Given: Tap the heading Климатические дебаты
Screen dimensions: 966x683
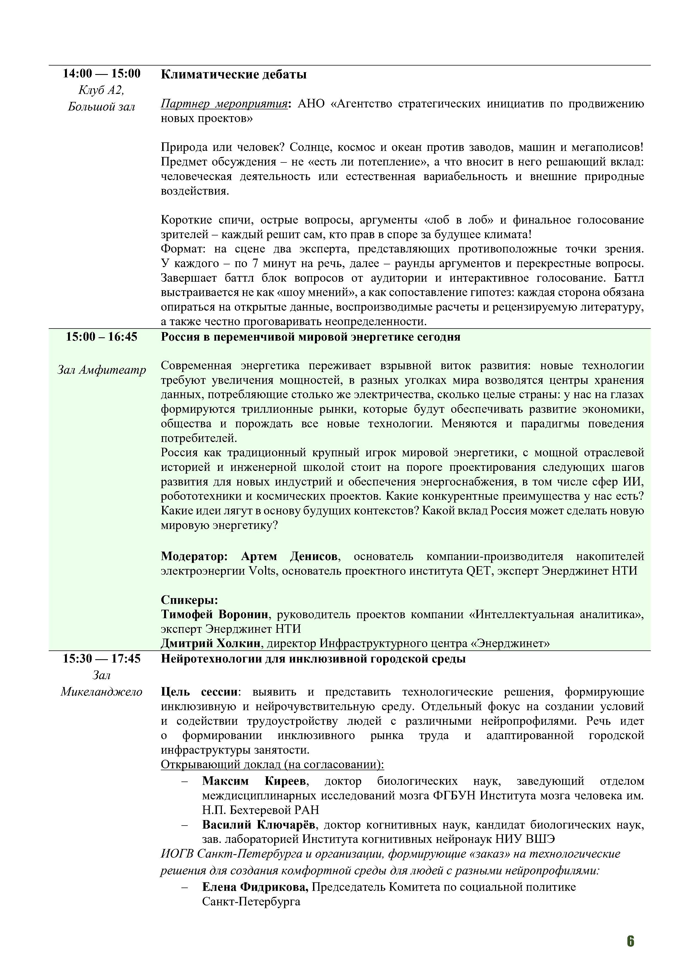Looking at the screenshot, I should click(233, 75).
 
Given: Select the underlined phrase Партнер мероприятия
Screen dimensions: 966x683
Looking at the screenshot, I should click(224, 104).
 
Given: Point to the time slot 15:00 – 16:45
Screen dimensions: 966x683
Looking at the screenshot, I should click(101, 337).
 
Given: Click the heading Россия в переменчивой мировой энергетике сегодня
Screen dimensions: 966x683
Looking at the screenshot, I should click(310, 337).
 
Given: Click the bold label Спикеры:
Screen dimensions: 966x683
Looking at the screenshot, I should click(189, 600).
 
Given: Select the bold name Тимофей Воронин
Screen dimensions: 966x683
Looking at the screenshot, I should click(214, 615).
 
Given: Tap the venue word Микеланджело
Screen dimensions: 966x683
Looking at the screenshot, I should click(101, 692).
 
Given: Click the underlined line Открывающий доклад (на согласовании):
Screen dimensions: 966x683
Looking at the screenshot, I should click(272, 764).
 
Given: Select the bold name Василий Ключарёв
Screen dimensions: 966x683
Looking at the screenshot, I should click(259, 825).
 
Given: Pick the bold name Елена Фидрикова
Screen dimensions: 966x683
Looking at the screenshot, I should click(255, 887).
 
